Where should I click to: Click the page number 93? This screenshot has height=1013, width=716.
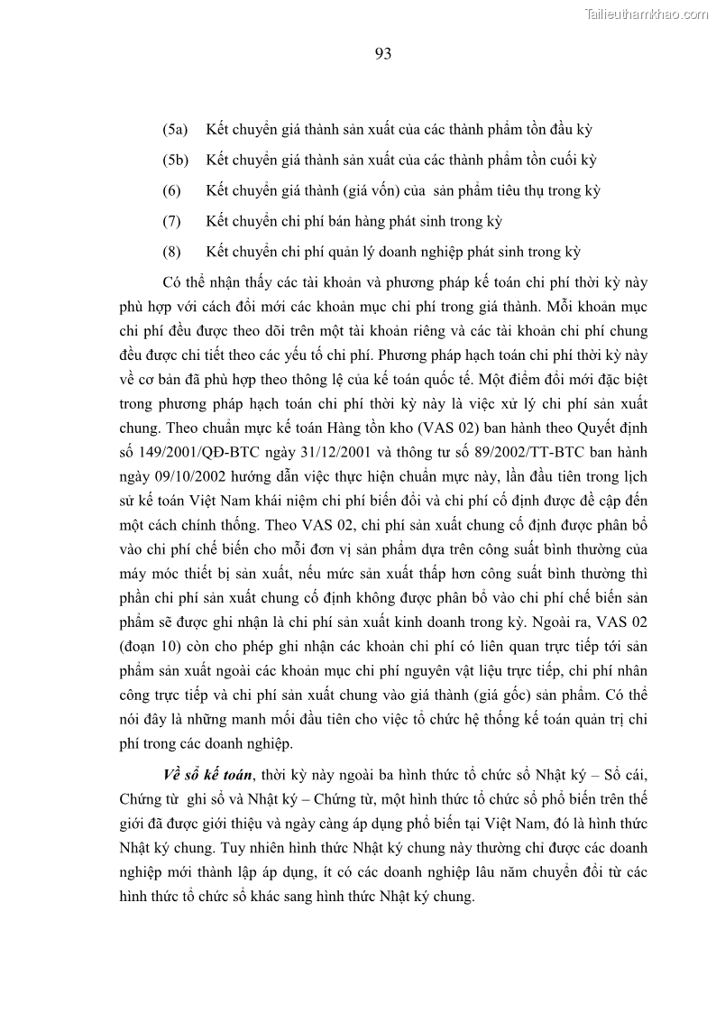382,54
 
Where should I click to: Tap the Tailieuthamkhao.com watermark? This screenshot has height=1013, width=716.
647,14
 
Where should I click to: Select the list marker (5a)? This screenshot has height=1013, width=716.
175,130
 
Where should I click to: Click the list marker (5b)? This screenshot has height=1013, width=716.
175,161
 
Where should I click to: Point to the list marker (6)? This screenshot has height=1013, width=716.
172,191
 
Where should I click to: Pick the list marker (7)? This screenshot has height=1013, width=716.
172,221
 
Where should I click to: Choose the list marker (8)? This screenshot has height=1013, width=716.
172,252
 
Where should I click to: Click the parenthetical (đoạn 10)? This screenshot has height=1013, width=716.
152,647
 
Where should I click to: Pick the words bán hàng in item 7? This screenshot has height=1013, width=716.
337,221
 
